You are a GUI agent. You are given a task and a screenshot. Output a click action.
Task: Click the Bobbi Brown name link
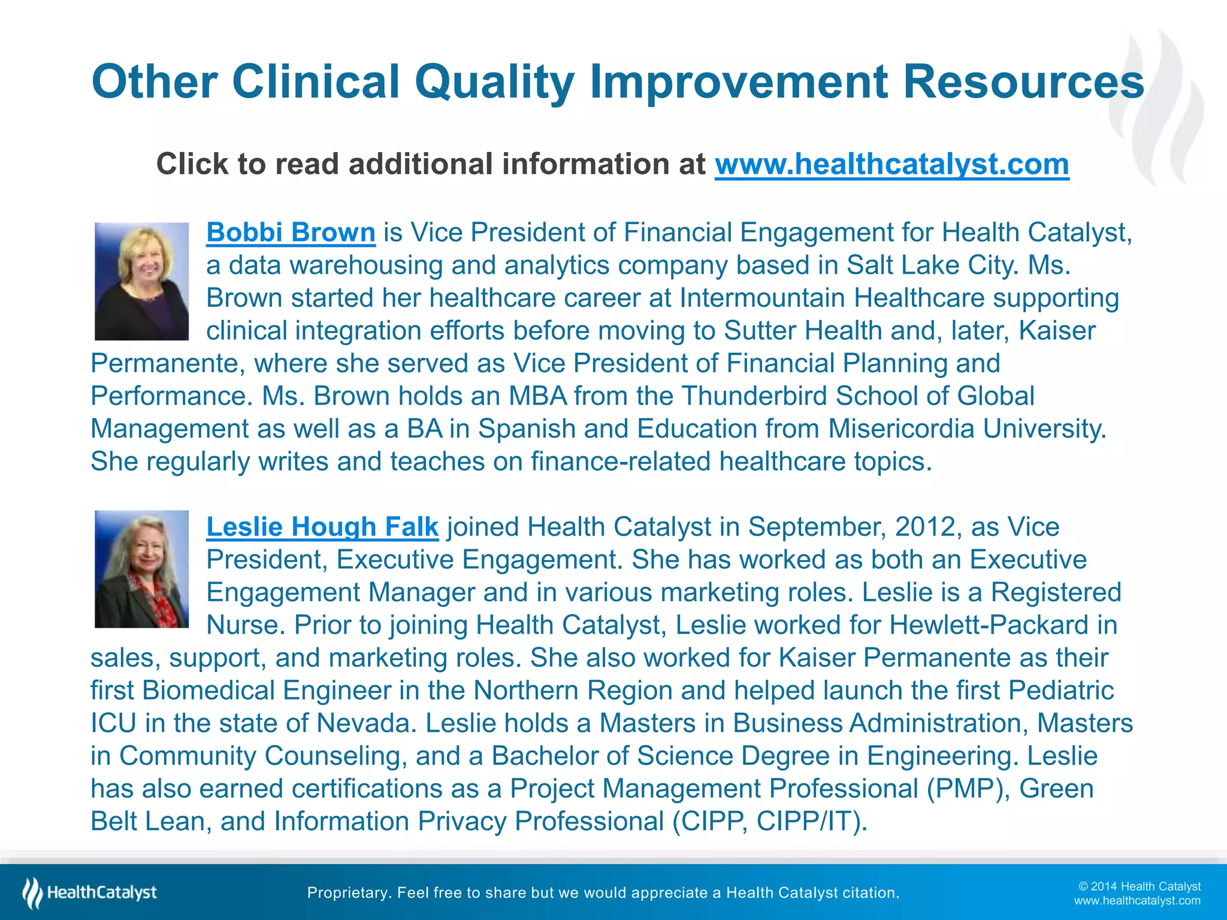click(x=291, y=232)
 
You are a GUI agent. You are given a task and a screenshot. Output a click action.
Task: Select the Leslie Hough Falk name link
click(x=322, y=527)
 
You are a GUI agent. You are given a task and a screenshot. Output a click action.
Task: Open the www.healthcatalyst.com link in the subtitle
click(x=891, y=164)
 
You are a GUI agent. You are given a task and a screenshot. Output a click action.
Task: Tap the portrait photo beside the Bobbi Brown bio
click(x=141, y=282)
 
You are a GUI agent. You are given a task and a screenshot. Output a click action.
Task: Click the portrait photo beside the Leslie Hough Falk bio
click(x=141, y=569)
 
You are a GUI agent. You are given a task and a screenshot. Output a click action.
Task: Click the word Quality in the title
click(x=494, y=82)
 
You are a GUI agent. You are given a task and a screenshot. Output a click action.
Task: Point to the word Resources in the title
click(x=1023, y=82)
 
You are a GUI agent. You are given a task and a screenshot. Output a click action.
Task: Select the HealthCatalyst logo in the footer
click(x=90, y=893)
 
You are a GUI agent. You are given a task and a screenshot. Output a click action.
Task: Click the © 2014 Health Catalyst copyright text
click(x=1139, y=886)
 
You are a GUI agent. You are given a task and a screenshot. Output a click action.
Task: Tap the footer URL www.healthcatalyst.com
click(x=1137, y=901)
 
